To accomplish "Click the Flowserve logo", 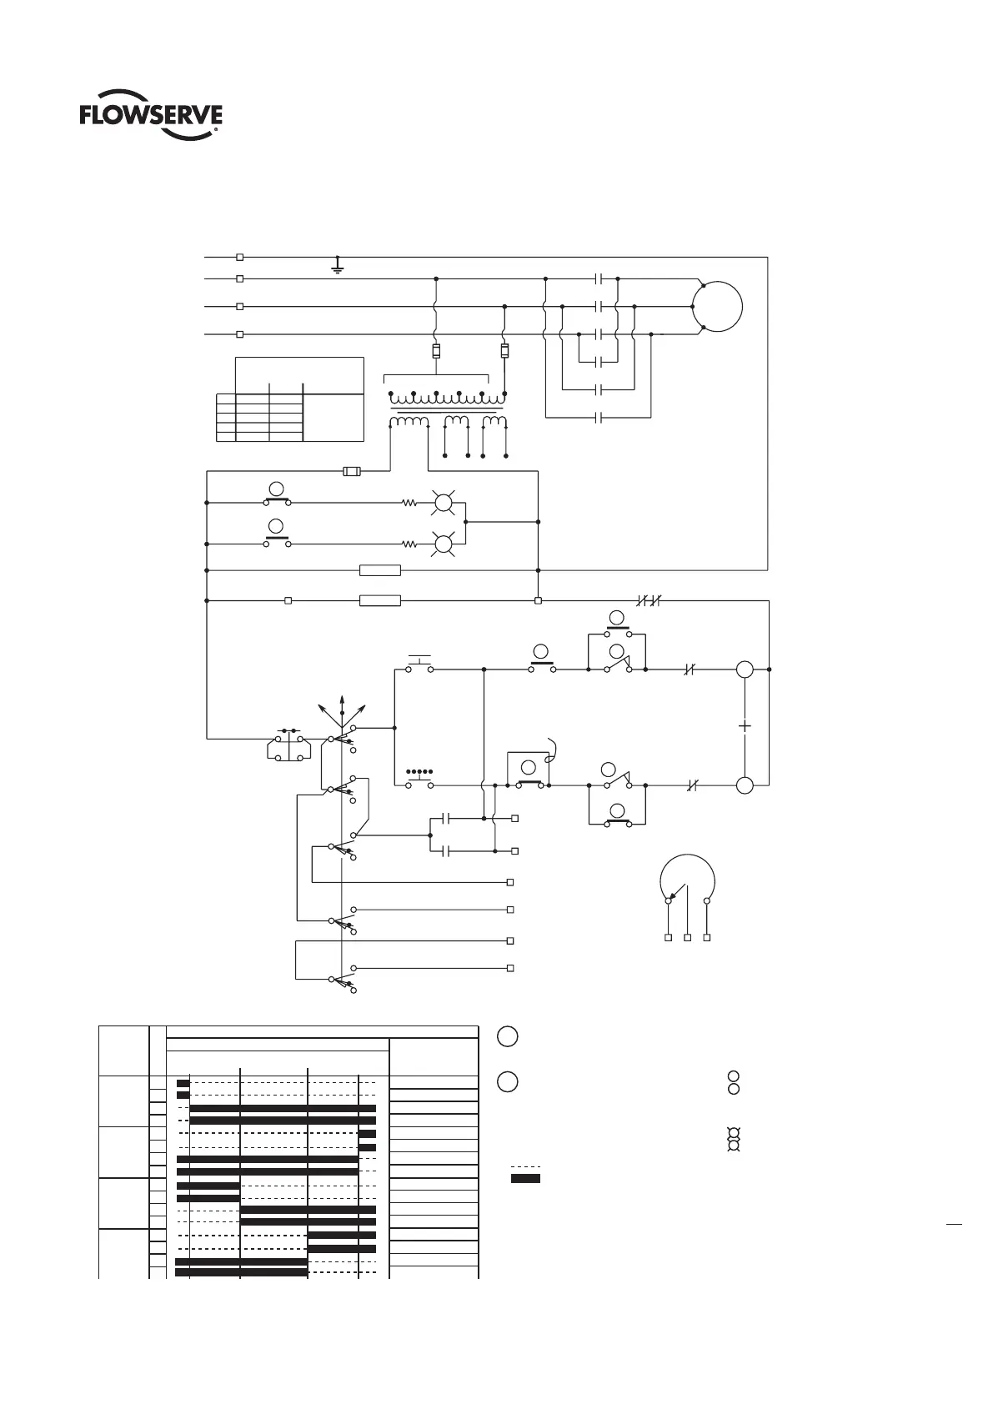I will coord(151,118).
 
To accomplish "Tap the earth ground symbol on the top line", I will coord(337,266).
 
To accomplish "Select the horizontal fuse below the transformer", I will coord(353,472).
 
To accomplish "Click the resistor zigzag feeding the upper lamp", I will coord(409,503).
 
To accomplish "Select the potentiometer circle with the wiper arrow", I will coord(688,880).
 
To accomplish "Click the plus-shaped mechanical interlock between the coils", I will coord(745,726).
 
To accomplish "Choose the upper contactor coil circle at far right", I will coord(745,669).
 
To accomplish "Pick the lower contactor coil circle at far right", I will coord(745,785).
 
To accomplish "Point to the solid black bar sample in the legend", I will coord(525,1178).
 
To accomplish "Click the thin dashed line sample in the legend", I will coord(525,1166).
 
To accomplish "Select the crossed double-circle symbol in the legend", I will coord(733,1140).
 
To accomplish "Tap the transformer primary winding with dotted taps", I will coord(447,398).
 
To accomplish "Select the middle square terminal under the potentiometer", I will coord(687,938).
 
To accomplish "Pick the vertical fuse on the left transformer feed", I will coord(436,351).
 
